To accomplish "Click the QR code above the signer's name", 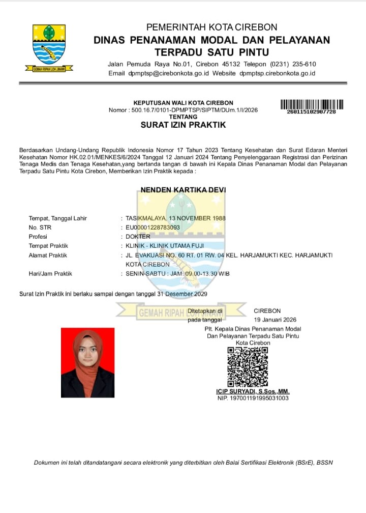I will [x=247, y=367].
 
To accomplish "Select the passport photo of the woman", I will [x=87, y=362].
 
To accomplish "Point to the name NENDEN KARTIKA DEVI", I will [x=183, y=190].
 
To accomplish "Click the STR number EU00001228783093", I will [x=152, y=227].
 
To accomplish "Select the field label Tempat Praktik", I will [x=48, y=246].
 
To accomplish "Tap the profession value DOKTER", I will [x=138, y=237].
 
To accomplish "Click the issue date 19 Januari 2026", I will [x=275, y=320].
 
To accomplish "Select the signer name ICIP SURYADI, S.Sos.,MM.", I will [x=253, y=391].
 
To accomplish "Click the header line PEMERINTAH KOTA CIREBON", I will [x=211, y=27].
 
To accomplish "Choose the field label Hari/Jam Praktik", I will [x=50, y=274].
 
